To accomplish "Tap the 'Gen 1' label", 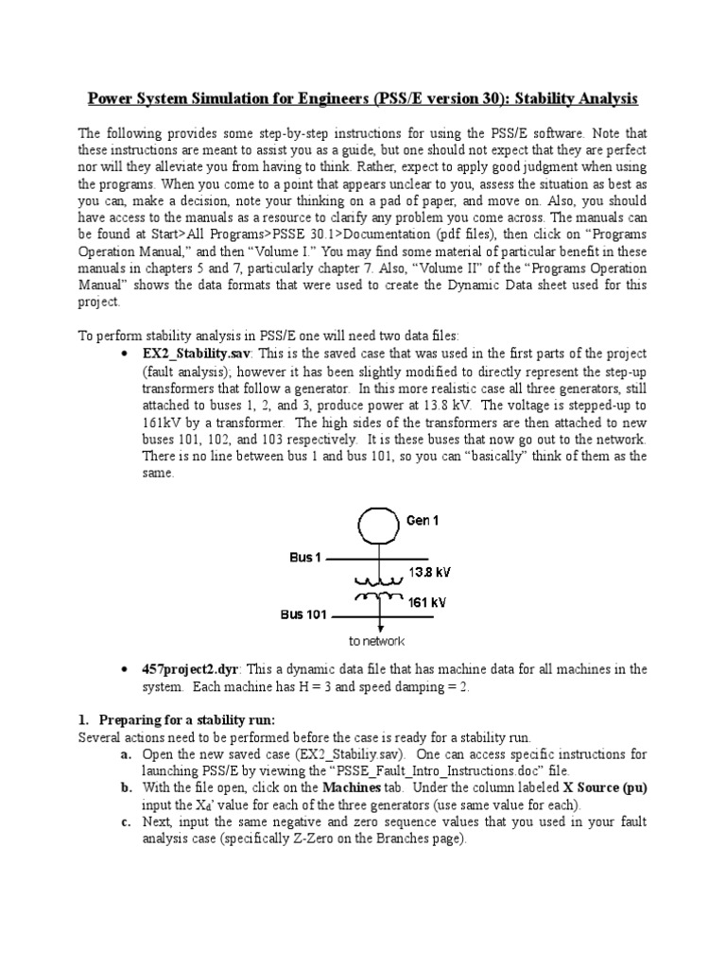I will click(423, 520).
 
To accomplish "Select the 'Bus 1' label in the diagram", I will click(305, 558).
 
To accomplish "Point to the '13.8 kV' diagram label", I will click(428, 571).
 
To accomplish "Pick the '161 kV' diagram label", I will click(427, 601).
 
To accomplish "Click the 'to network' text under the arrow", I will click(378, 640).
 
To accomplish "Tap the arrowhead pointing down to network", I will click(379, 627).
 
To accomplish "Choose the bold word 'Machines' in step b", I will click(354, 787).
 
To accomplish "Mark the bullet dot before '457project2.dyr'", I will click(126, 670).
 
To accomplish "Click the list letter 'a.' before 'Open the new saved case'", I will click(126, 754).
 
